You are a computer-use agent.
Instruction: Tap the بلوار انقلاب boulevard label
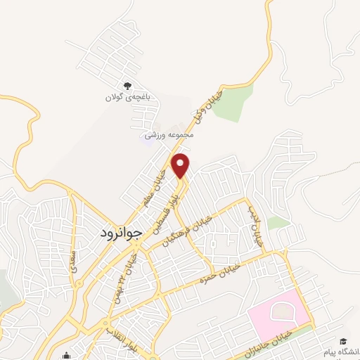pos(120,334)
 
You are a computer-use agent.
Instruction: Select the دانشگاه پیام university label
pos(340,351)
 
